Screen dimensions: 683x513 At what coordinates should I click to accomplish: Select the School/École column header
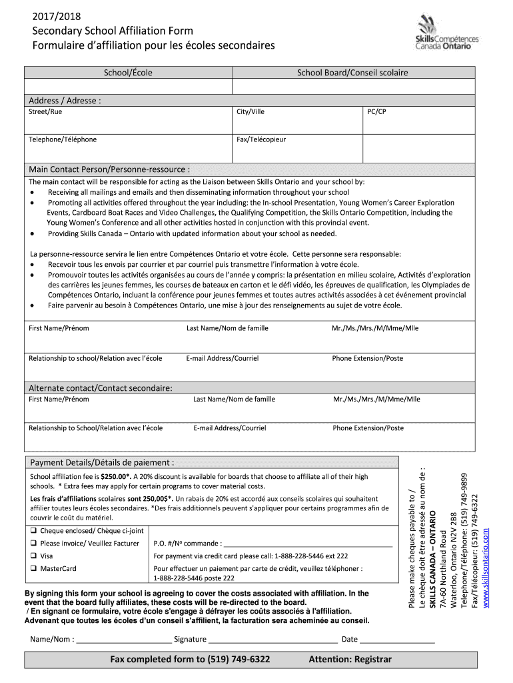click(x=128, y=73)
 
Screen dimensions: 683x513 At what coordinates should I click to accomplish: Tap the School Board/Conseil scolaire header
click(x=352, y=73)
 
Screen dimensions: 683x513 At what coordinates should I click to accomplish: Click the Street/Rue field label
click(x=45, y=112)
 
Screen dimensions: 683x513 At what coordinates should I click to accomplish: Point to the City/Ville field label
click(x=251, y=112)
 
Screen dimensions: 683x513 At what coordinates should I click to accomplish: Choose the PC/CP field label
click(x=376, y=112)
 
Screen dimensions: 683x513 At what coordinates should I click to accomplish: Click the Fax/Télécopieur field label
click(x=261, y=139)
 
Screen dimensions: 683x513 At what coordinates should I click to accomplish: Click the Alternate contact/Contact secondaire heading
click(x=101, y=388)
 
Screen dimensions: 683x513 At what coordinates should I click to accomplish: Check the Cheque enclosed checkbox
click(x=33, y=531)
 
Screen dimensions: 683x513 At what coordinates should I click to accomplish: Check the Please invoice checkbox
click(x=33, y=543)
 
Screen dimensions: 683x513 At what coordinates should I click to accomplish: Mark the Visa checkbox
click(x=33, y=556)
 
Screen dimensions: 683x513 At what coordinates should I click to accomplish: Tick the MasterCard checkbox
click(x=33, y=568)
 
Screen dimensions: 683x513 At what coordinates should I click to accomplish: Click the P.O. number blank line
click(x=308, y=544)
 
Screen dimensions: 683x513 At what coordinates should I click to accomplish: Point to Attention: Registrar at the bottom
click(x=350, y=660)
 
